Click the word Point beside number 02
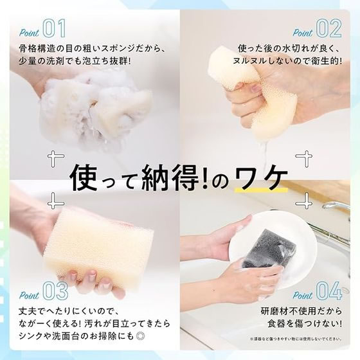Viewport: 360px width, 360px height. (302, 32)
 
